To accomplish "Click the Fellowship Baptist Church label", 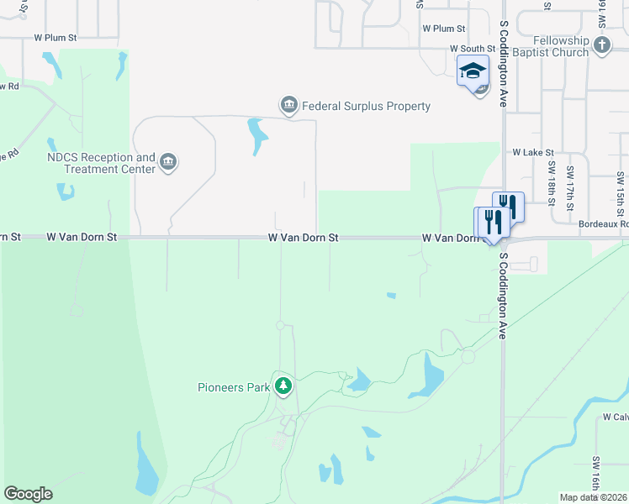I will coord(561,46).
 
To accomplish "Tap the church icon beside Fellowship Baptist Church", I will coord(601,47).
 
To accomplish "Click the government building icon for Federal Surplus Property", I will coord(288,105).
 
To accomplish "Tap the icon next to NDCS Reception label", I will coord(167,161).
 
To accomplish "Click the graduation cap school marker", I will coord(473,71).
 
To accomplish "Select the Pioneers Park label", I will coord(234,387).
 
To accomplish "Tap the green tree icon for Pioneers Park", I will coord(283,386).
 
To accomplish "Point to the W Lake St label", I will coord(533,153).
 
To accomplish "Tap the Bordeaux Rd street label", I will coord(603,224).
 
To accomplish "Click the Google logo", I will coord(28,494).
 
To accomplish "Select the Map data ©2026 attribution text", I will coord(593,497).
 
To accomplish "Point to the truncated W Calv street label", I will coord(615,417).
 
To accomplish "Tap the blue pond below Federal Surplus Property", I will coord(256,136).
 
